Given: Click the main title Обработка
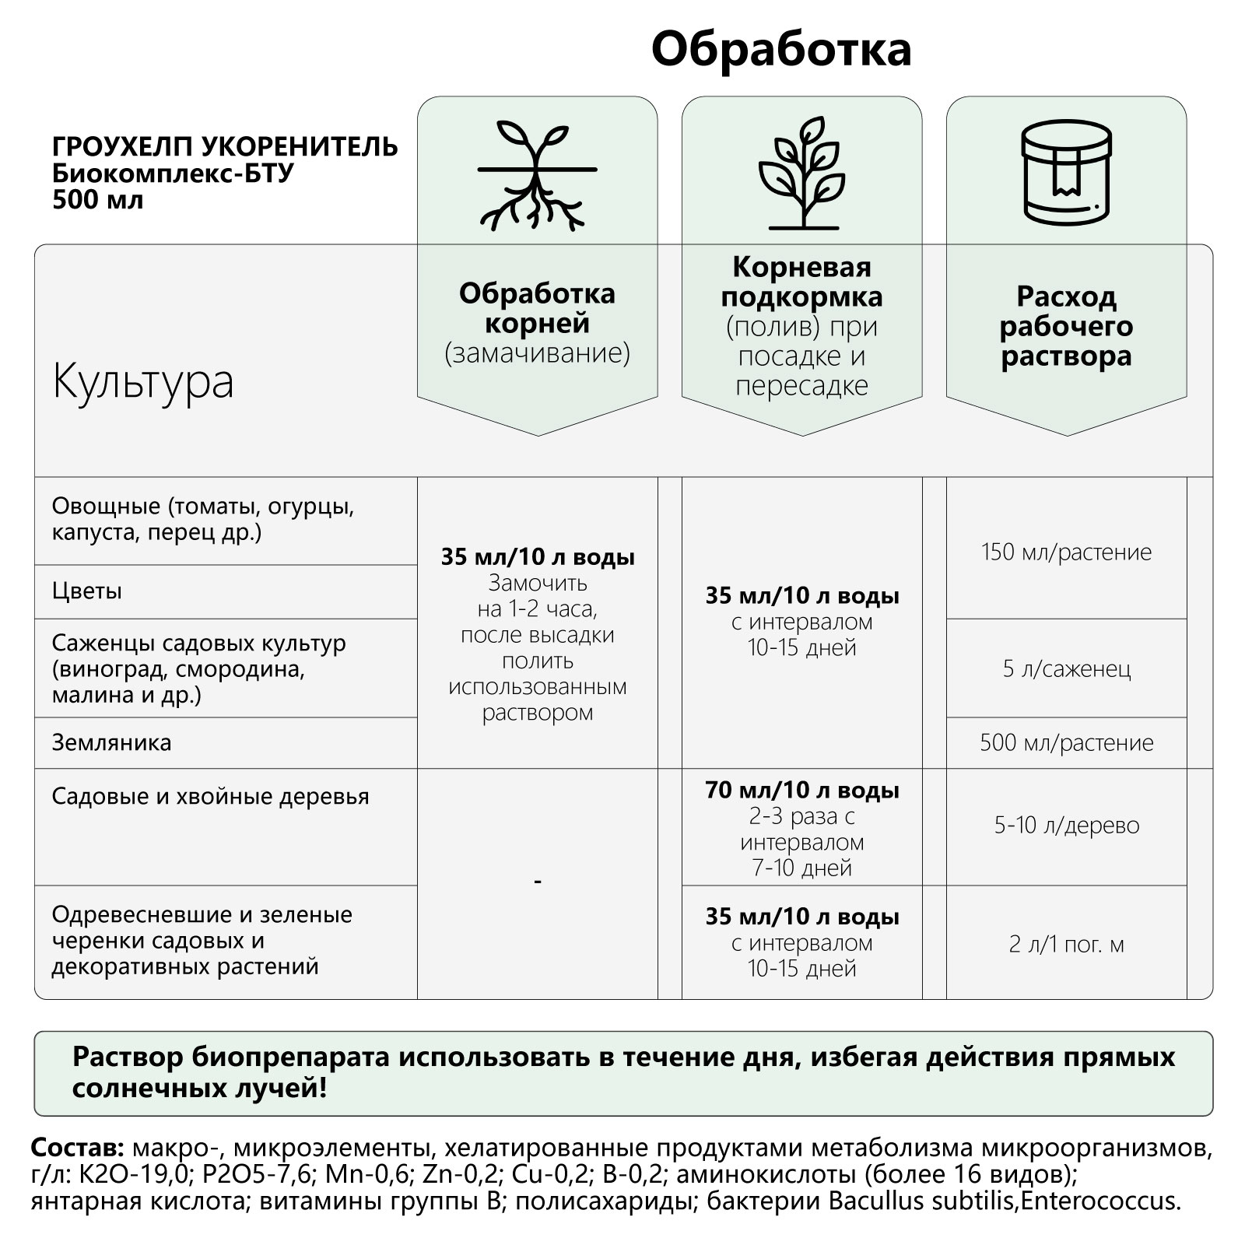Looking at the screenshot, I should click(x=780, y=50).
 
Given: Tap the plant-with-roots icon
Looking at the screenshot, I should click(x=537, y=175).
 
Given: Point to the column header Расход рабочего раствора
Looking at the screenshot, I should click(x=1066, y=326).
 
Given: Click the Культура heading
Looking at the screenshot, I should click(x=143, y=382).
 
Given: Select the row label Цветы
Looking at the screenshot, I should click(x=87, y=591).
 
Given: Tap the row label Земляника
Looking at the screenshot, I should click(x=111, y=742).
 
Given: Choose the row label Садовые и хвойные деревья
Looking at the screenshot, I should click(x=210, y=797).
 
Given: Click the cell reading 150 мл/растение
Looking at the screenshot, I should click(x=1066, y=552).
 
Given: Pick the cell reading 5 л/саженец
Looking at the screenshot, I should click(x=1066, y=668).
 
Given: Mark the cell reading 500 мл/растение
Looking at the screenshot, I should click(x=1066, y=742).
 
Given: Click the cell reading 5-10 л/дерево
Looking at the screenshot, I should click(x=1066, y=826).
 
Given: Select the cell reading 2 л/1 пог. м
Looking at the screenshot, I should click(x=1066, y=945).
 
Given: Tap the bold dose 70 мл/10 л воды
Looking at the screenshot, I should click(x=801, y=791).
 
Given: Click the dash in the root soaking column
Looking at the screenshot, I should click(x=538, y=881).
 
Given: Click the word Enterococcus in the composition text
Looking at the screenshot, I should click(x=1100, y=1201).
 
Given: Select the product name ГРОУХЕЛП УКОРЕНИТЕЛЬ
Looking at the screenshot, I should click(x=225, y=147).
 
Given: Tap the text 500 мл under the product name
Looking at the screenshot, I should click(x=97, y=200).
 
